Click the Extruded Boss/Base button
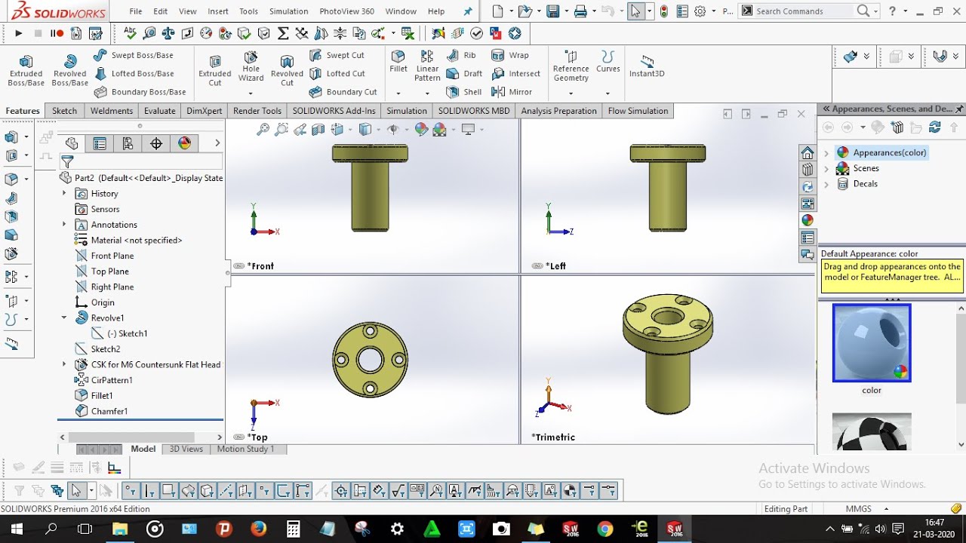[26, 70]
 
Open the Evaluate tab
[160, 111]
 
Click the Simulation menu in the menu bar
[288, 11]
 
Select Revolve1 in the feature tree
[107, 318]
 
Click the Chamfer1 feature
[109, 411]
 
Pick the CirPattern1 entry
[111, 380]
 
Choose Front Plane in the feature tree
[112, 256]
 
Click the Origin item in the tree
[103, 302]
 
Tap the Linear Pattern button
[427, 67]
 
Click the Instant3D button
[647, 66]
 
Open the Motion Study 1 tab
[245, 449]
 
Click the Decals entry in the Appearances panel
[865, 184]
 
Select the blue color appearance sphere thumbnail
[872, 343]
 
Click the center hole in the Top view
[370, 360]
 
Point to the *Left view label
[557, 266]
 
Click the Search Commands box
[804, 11]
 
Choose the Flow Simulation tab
[638, 111]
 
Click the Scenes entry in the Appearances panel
[866, 168]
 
